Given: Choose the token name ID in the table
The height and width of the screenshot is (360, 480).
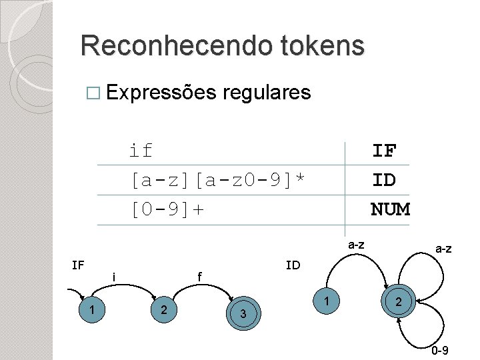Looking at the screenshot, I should click(x=384, y=180).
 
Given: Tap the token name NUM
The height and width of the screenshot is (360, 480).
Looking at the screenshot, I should click(x=390, y=210).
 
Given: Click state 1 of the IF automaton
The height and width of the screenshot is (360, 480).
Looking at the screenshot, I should click(x=90, y=309).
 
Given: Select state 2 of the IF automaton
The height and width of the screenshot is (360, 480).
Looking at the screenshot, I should click(x=161, y=309).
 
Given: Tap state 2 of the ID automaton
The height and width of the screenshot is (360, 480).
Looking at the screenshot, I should click(x=398, y=303).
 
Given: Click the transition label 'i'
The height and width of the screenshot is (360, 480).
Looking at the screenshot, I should click(x=114, y=277).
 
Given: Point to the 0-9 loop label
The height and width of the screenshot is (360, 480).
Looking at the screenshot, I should click(x=439, y=351).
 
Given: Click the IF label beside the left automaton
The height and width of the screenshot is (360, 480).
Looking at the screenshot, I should click(x=77, y=265).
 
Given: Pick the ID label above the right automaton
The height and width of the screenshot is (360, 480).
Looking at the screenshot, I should click(x=293, y=265).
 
